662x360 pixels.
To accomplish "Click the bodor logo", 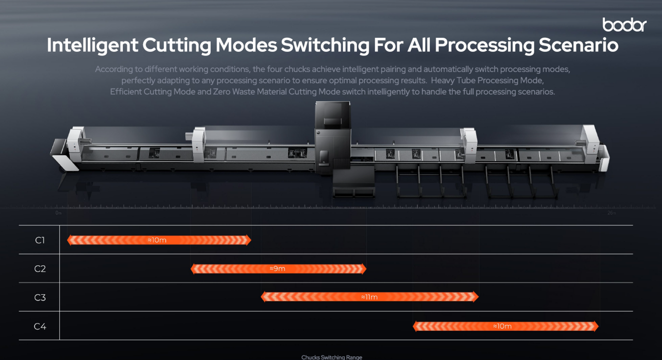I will (x=624, y=25).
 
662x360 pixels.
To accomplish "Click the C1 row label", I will (x=40, y=240).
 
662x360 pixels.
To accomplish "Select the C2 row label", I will (x=40, y=269).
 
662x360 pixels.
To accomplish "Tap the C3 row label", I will (x=40, y=297).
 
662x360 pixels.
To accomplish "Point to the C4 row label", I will (x=40, y=326).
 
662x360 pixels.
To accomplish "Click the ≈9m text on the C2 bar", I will (x=278, y=269).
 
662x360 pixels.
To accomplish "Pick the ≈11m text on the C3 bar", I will (x=369, y=297).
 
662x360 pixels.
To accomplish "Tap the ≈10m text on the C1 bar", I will (x=157, y=240).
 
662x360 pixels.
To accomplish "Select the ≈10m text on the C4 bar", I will (x=502, y=326).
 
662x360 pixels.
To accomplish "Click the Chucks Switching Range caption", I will (x=332, y=357).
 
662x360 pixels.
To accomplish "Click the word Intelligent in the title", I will (x=92, y=45).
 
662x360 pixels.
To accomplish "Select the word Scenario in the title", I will (x=578, y=45).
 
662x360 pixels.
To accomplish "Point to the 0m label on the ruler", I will (x=59, y=213).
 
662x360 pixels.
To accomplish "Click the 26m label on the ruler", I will (x=611, y=213).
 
